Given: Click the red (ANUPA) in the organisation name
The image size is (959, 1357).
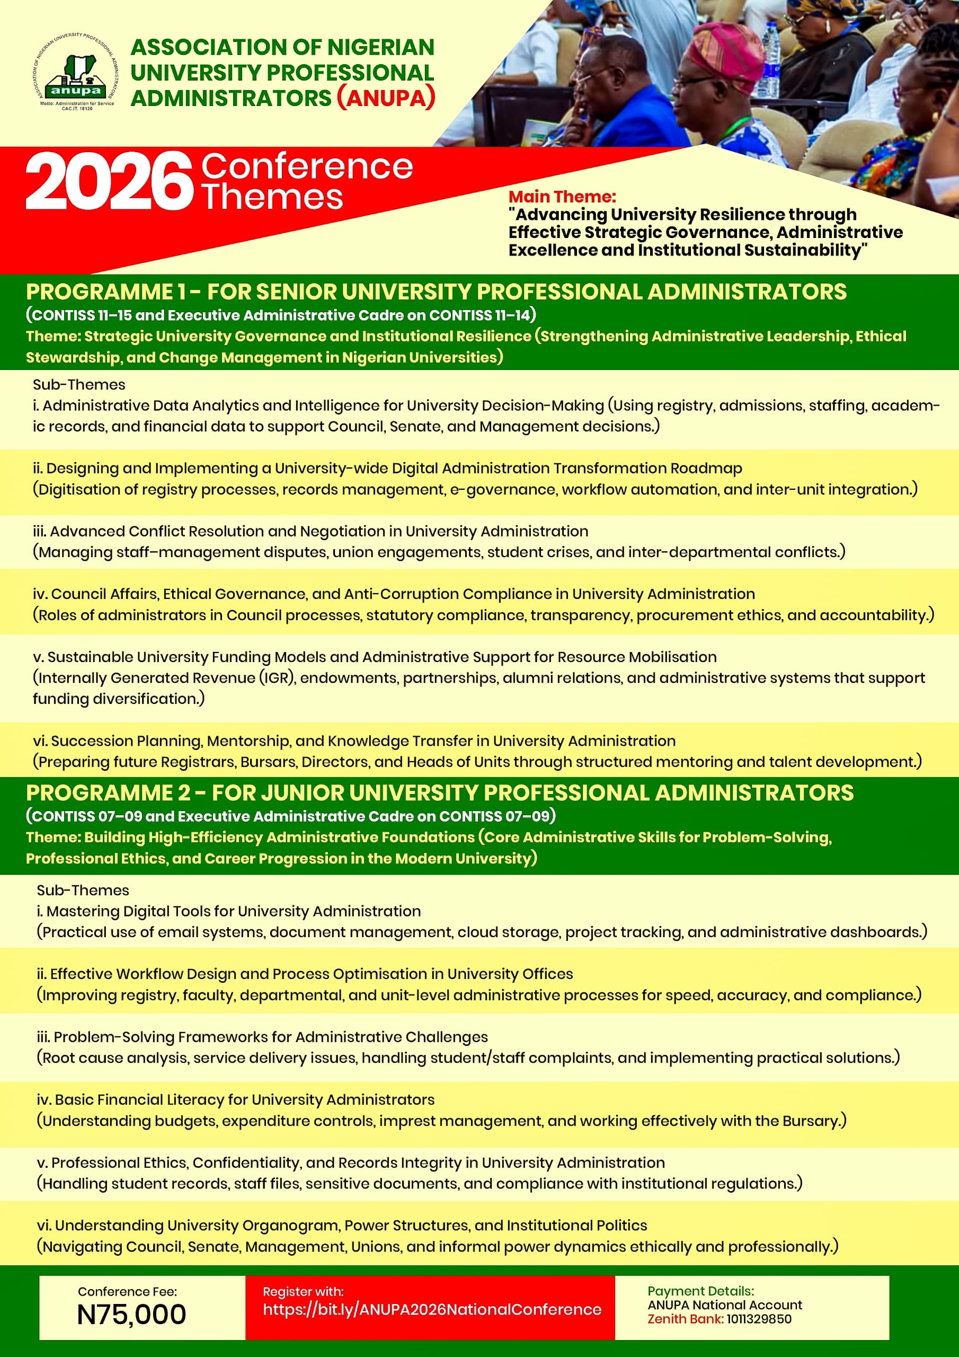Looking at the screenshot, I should click(386, 98).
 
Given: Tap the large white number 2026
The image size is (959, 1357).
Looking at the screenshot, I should click(109, 181).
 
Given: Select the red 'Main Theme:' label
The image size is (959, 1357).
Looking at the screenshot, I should click(562, 197).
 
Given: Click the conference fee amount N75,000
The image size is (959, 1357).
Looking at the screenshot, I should click(131, 1315).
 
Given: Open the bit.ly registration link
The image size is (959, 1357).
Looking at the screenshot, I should click(432, 1309).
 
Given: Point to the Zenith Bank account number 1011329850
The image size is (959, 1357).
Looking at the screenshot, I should click(759, 1319).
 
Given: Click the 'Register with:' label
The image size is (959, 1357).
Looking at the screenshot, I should click(303, 1291).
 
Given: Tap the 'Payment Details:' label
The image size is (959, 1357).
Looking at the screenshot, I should click(700, 1291).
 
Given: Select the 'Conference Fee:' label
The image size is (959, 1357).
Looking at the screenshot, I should click(127, 1291).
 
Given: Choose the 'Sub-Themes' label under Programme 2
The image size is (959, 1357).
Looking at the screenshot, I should click(83, 890).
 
